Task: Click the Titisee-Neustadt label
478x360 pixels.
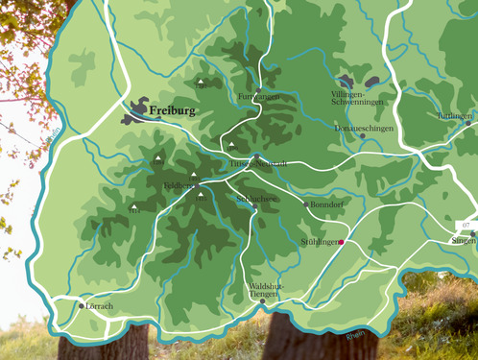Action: click(259, 164)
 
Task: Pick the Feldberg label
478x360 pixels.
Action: click(179, 184)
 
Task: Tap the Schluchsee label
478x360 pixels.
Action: click(256, 199)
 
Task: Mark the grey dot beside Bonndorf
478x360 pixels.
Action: click(306, 204)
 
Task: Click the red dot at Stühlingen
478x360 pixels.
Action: click(341, 243)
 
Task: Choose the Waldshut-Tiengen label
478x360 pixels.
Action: click(264, 290)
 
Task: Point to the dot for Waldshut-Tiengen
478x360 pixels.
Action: click(263, 300)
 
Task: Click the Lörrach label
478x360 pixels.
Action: click(100, 306)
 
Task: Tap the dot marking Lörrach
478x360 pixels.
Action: click(82, 305)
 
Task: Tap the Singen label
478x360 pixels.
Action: click(464, 241)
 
